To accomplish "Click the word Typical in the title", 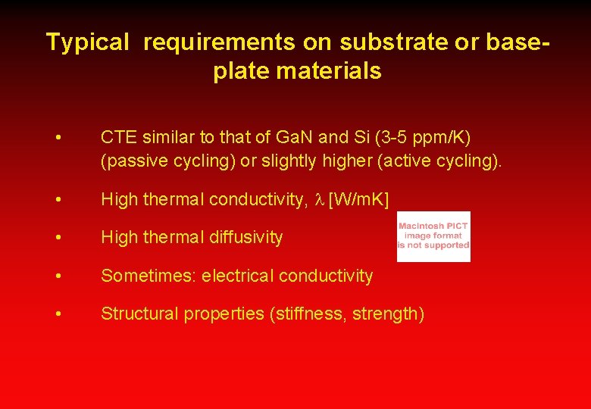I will click(88, 42).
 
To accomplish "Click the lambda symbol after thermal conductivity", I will click(320, 200).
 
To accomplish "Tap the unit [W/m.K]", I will click(358, 200).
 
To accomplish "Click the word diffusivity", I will click(245, 237).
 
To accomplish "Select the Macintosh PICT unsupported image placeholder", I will click(433, 236).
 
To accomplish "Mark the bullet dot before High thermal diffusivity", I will click(59, 238).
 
